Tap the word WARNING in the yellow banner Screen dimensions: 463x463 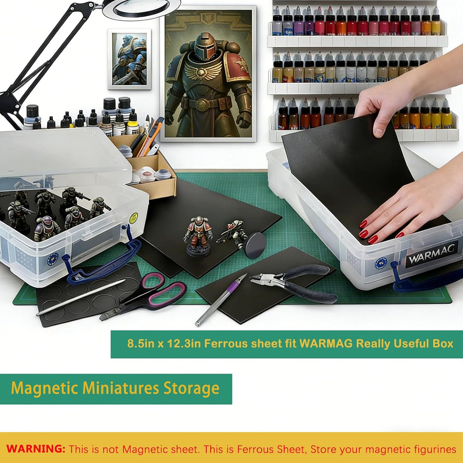point(36,449)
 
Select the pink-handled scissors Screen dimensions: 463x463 point(143,296)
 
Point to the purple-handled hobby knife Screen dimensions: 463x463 point(221,299)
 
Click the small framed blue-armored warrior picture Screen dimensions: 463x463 point(129,59)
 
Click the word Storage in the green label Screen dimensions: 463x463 point(191,388)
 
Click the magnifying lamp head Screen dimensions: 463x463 point(142,9)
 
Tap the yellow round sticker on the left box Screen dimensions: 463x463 point(134,218)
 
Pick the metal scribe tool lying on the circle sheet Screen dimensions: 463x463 point(80,298)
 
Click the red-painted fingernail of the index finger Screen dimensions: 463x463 point(364,224)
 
